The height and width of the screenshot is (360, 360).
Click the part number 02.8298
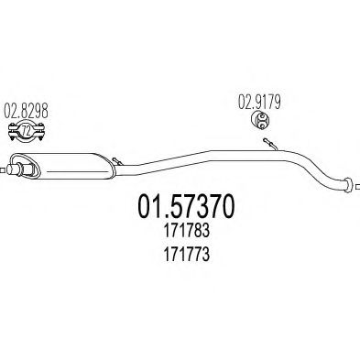pos(27,116)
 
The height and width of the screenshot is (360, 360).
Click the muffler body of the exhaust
pos(69,165)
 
